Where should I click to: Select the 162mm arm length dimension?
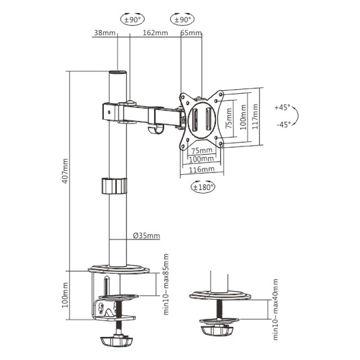156,33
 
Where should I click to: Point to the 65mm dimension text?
191,33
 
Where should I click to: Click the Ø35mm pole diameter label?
146,236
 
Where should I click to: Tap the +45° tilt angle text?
282,107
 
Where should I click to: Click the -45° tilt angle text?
283,125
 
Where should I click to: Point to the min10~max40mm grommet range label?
275,309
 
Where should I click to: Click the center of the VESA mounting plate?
201,121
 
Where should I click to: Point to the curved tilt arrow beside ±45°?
297,116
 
